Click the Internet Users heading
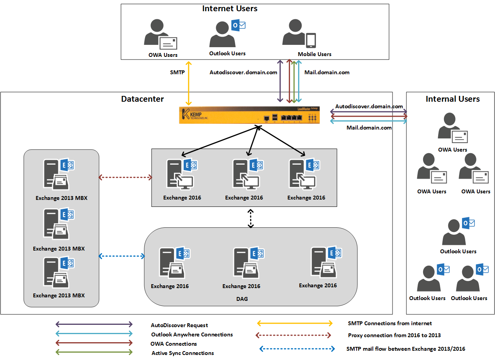(x=230, y=9)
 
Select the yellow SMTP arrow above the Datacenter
(x=189, y=83)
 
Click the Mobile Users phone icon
(x=311, y=41)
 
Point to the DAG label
(x=242, y=299)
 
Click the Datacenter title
(x=142, y=99)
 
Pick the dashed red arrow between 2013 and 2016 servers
(x=125, y=177)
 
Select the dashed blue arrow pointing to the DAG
(x=122, y=256)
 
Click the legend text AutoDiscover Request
(x=179, y=326)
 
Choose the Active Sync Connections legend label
(x=183, y=353)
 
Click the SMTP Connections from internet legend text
(x=390, y=323)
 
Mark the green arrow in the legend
(x=94, y=352)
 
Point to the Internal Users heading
(x=452, y=99)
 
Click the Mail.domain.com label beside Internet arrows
(x=327, y=72)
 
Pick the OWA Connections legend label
(x=174, y=344)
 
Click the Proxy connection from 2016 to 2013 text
(x=394, y=335)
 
